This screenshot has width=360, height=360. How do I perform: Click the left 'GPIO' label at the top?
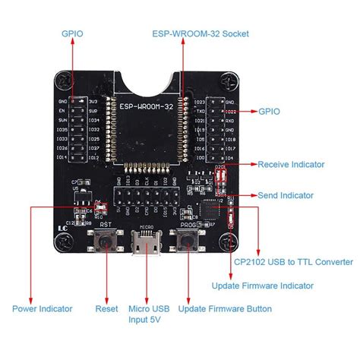tap(73, 33)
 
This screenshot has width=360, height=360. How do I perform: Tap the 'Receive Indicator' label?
tap(291, 164)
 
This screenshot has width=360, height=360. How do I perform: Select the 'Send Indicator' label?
tap(286, 195)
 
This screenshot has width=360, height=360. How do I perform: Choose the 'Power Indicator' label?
tap(43, 309)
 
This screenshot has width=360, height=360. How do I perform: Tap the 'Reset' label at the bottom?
tap(106, 309)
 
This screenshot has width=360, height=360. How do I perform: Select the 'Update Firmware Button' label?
tap(225, 309)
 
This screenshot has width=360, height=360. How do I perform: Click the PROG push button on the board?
tap(186, 242)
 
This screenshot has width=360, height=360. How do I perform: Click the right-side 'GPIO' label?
tap(268, 111)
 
